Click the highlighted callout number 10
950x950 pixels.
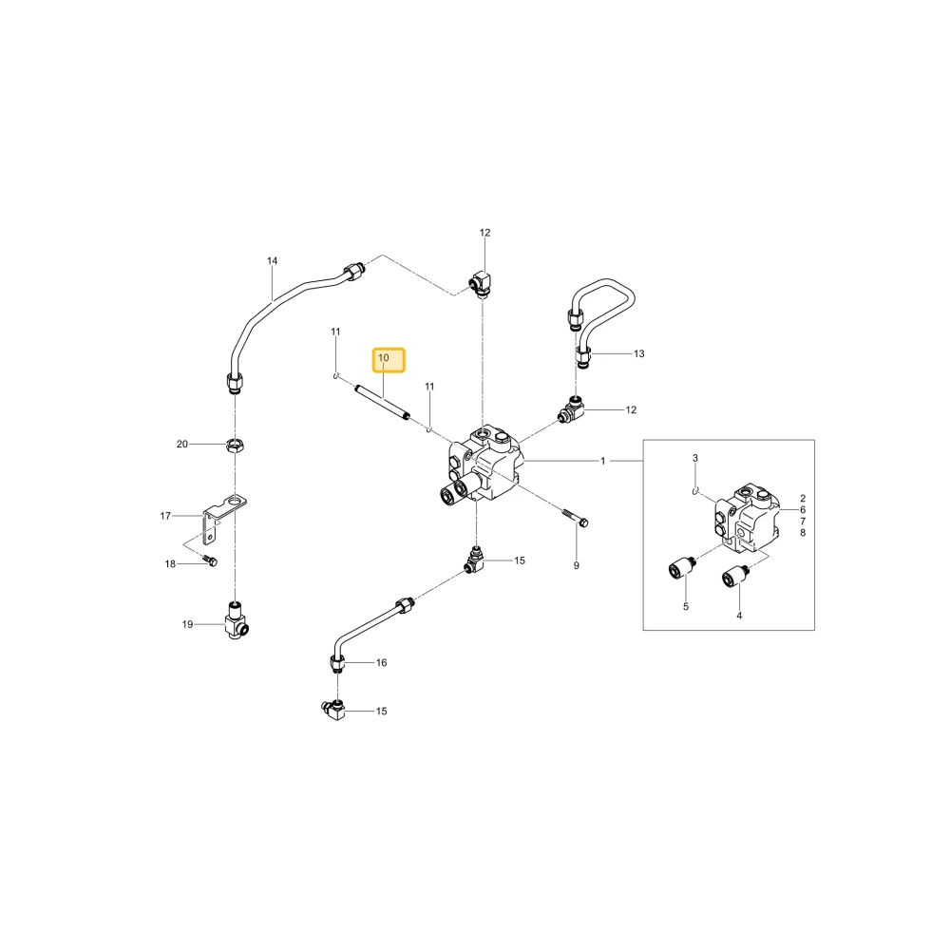tap(384, 358)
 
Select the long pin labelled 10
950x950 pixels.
tap(382, 402)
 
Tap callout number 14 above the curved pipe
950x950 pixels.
tap(272, 261)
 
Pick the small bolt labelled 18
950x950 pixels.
tap(211, 561)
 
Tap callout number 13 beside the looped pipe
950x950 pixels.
tap(639, 353)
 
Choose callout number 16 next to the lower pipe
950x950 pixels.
tap(381, 663)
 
